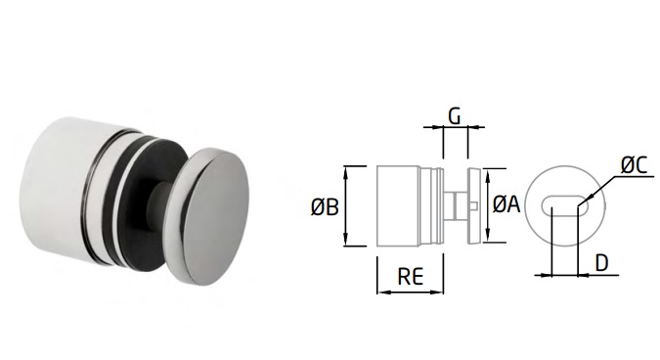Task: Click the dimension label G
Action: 455,116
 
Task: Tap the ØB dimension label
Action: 325,207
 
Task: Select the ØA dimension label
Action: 506,204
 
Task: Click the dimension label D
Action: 602,263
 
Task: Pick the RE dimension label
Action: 411,277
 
